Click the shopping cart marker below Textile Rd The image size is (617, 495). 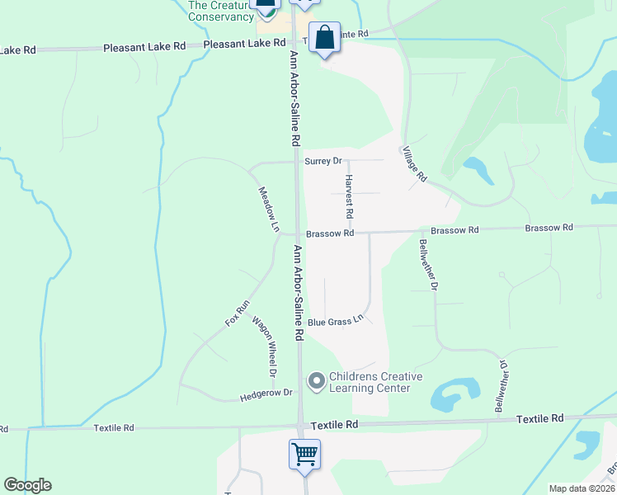pyautogui.click(x=305, y=454)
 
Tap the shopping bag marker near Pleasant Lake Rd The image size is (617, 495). pyautogui.click(x=326, y=37)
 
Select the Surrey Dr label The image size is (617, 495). pyautogui.click(x=323, y=161)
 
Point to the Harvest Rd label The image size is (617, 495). pyautogui.click(x=350, y=196)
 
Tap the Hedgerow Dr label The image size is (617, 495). pyautogui.click(x=266, y=394)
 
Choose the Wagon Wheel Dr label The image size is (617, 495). pyautogui.click(x=264, y=346)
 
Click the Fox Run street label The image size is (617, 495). pyautogui.click(x=238, y=313)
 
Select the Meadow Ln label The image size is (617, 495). pyautogui.click(x=269, y=210)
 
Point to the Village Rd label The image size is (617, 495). pyautogui.click(x=414, y=164)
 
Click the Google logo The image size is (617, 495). pyautogui.click(x=27, y=485)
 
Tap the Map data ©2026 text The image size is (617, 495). pyautogui.click(x=582, y=488)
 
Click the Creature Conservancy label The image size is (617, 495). pyautogui.click(x=220, y=11)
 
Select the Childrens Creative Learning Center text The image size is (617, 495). pyautogui.click(x=375, y=382)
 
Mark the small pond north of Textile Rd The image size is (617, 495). pyautogui.click(x=452, y=395)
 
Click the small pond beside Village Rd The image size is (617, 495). pyautogui.click(x=478, y=169)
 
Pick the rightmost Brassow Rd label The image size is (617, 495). pyautogui.click(x=549, y=228)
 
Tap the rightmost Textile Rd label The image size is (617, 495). pyautogui.click(x=539, y=419)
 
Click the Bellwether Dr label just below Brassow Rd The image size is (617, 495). pyautogui.click(x=427, y=264)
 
